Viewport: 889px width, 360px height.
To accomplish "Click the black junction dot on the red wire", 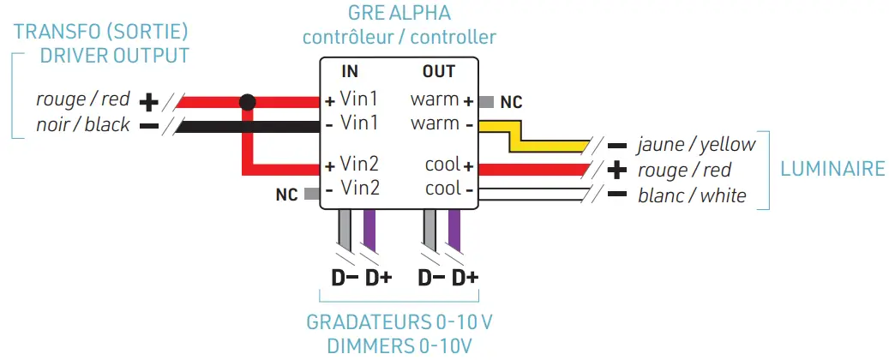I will pyautogui.click(x=247, y=103).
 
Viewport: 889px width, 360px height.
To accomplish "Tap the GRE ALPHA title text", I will pyautogui.click(x=399, y=13).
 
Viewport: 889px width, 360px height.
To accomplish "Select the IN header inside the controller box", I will pyautogui.click(x=350, y=71).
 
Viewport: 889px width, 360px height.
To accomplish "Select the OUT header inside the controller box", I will pyautogui.click(x=438, y=71).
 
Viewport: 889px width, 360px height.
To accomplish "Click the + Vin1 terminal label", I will pyautogui.click(x=352, y=99).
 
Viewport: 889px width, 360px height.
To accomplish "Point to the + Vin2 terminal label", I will pyautogui.click(x=352, y=164).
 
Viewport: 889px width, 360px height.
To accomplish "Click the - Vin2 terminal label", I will pyautogui.click(x=352, y=188).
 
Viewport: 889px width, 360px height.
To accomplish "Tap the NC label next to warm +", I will pyautogui.click(x=511, y=102).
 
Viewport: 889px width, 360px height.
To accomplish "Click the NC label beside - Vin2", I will pyautogui.click(x=286, y=195).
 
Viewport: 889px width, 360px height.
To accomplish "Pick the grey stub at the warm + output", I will pyautogui.click(x=485, y=101).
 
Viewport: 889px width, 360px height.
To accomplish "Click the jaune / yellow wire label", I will pyautogui.click(x=696, y=144).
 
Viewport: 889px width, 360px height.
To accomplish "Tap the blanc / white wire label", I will pyautogui.click(x=692, y=195).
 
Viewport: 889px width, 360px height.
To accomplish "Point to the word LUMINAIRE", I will pyautogui.click(x=832, y=169).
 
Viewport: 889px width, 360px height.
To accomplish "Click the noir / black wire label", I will pyautogui.click(x=83, y=125).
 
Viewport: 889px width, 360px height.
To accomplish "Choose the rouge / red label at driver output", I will pyautogui.click(x=82, y=99).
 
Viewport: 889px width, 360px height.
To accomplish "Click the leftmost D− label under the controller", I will pyautogui.click(x=345, y=279).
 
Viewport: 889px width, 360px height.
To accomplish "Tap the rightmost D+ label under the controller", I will pyautogui.click(x=465, y=279).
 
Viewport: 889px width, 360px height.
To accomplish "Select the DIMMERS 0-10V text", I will pyautogui.click(x=399, y=346).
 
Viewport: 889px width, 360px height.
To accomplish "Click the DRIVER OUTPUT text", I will pyautogui.click(x=115, y=56).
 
